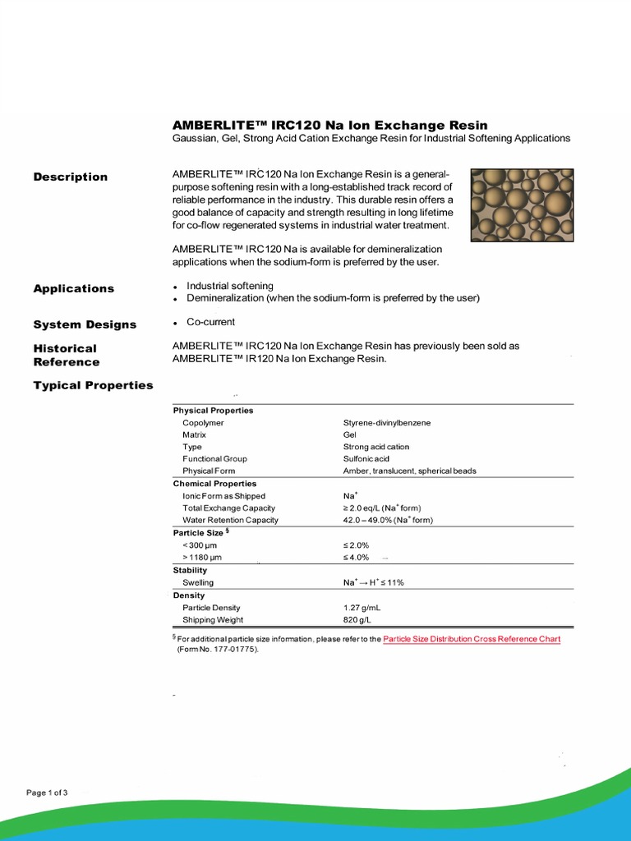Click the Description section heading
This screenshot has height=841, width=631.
70,177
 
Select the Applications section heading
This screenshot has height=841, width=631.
73,288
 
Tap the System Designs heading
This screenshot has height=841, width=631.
85,324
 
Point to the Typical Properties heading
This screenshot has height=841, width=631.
93,385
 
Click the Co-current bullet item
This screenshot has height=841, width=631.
210,322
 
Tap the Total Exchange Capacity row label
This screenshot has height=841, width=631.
228,508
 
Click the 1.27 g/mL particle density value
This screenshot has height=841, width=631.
362,608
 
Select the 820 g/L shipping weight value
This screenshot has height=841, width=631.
357,620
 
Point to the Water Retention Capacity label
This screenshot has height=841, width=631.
230,520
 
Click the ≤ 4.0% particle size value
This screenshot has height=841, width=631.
357,558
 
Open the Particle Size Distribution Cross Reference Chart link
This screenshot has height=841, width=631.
472,638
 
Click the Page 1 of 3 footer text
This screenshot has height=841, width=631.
47,793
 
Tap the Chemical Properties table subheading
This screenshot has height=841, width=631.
214,484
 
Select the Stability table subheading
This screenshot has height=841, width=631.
190,570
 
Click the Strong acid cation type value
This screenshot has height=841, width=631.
375,447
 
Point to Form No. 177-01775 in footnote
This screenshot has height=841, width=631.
218,649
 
